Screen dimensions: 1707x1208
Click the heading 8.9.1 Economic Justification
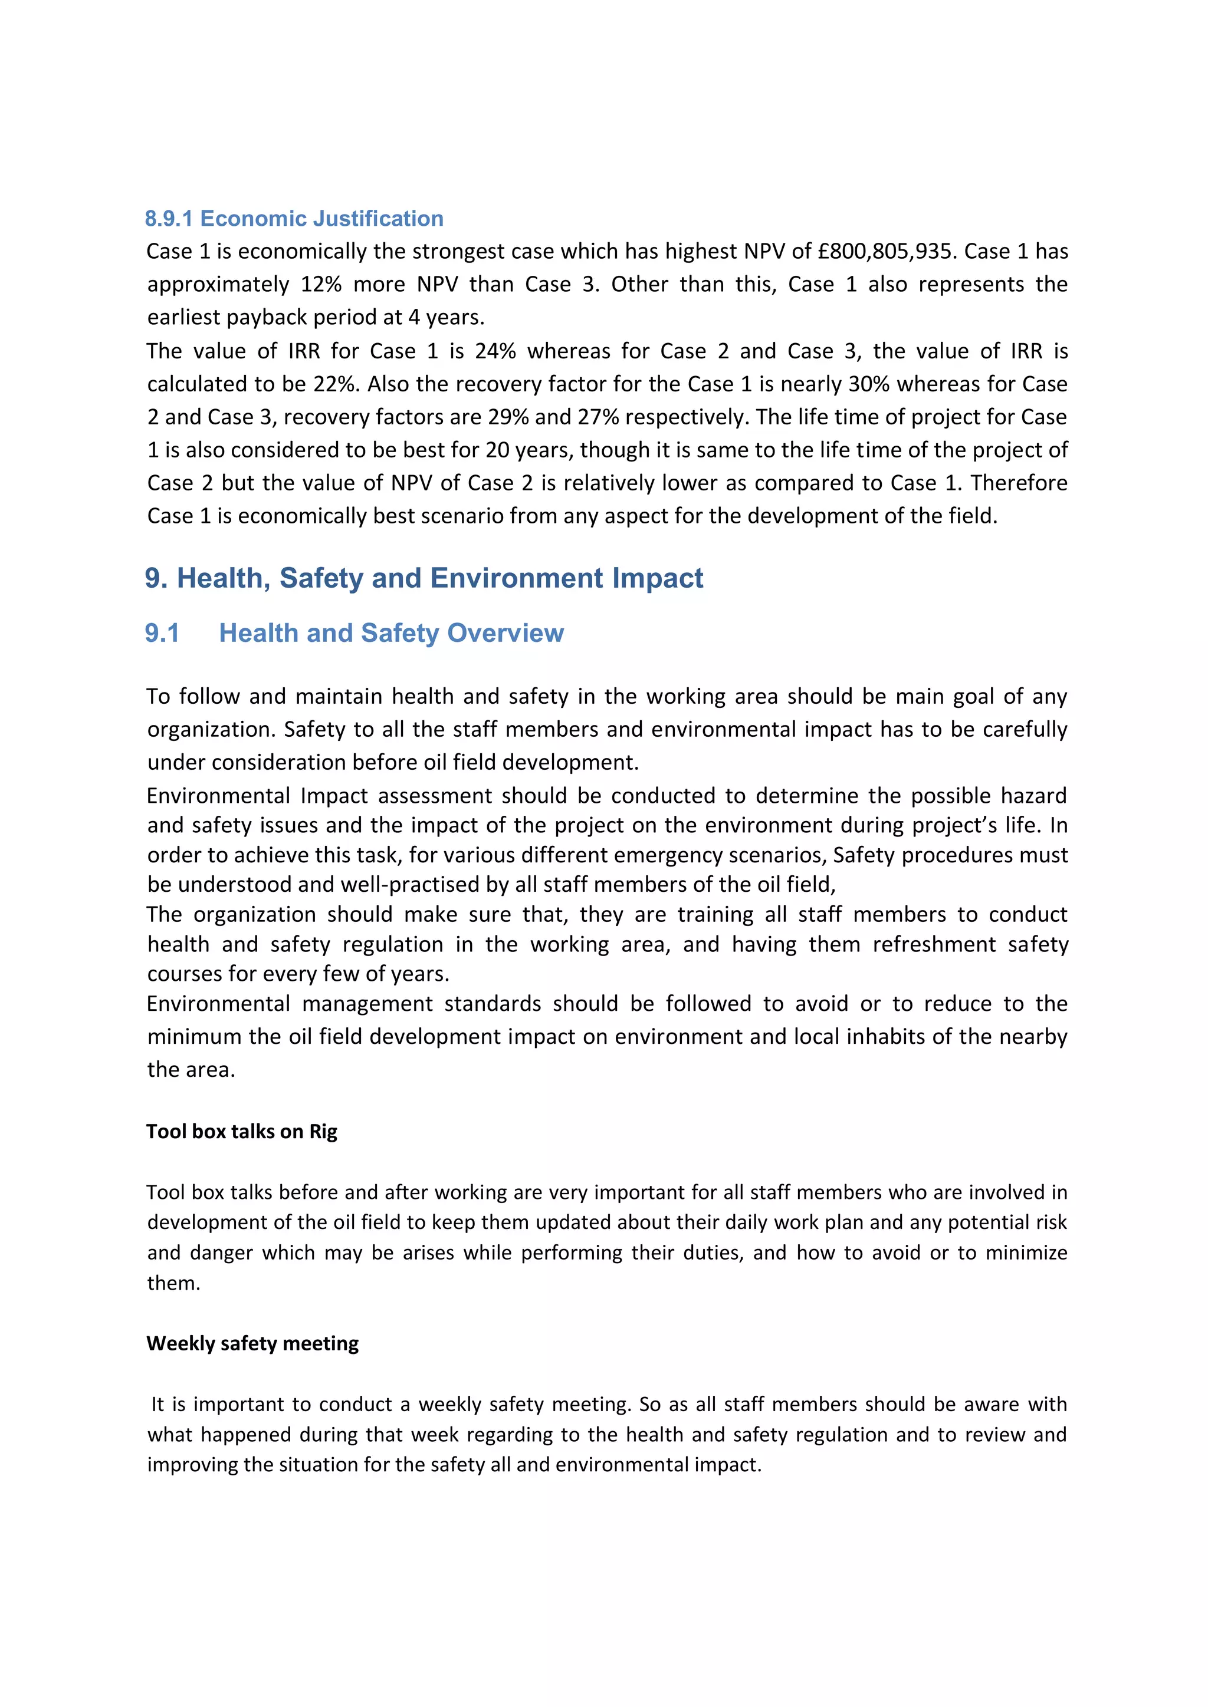pos(294,219)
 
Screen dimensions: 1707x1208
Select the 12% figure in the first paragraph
pos(321,285)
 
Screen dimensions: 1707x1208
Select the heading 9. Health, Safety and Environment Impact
pos(424,578)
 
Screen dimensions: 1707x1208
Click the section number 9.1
pos(162,634)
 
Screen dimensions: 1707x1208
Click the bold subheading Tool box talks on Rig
pos(242,1132)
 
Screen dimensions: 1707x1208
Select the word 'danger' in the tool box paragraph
pos(222,1253)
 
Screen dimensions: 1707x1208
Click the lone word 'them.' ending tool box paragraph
pos(173,1283)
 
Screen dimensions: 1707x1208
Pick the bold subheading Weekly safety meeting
pos(252,1343)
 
